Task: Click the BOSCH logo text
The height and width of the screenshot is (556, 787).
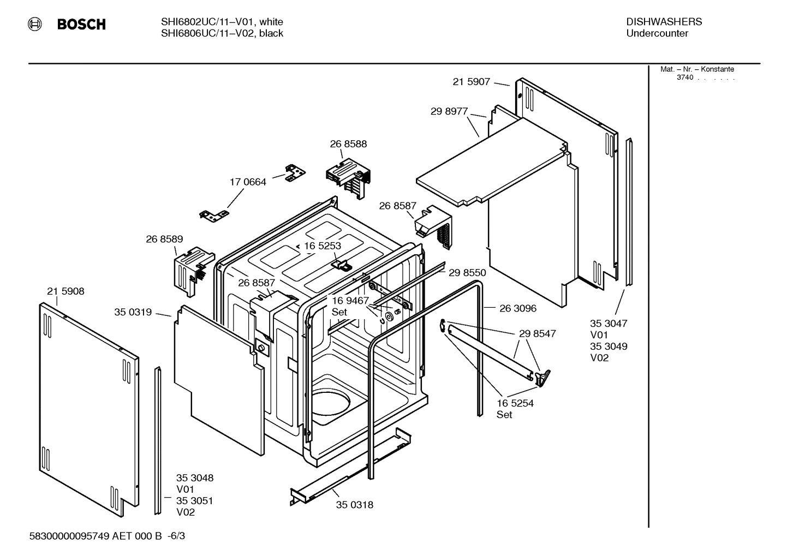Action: click(81, 25)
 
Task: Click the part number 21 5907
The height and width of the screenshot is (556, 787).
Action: click(471, 82)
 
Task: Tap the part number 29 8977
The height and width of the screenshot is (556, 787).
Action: click(449, 111)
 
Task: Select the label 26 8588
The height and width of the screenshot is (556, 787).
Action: click(348, 144)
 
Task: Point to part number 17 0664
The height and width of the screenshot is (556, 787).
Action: click(248, 182)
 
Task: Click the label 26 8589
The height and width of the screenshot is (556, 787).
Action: click(164, 239)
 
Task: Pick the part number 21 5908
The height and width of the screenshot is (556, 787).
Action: click(65, 291)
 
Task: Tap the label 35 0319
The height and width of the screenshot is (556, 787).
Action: click(133, 312)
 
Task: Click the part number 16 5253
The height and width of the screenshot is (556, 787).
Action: click(322, 246)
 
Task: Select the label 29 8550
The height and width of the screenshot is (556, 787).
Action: click(467, 273)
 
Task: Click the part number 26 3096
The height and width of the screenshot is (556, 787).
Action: click(518, 308)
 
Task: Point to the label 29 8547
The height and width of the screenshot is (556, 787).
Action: click(537, 333)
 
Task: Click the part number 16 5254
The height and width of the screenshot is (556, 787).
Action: click(515, 403)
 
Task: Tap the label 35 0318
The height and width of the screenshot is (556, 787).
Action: click(355, 505)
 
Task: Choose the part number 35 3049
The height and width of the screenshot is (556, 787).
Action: click(609, 346)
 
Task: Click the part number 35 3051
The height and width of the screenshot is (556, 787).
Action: click(194, 501)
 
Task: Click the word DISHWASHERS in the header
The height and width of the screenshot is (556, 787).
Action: click(664, 22)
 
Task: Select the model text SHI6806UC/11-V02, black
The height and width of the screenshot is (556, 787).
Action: click(222, 33)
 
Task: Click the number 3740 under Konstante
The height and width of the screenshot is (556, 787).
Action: click(685, 77)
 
